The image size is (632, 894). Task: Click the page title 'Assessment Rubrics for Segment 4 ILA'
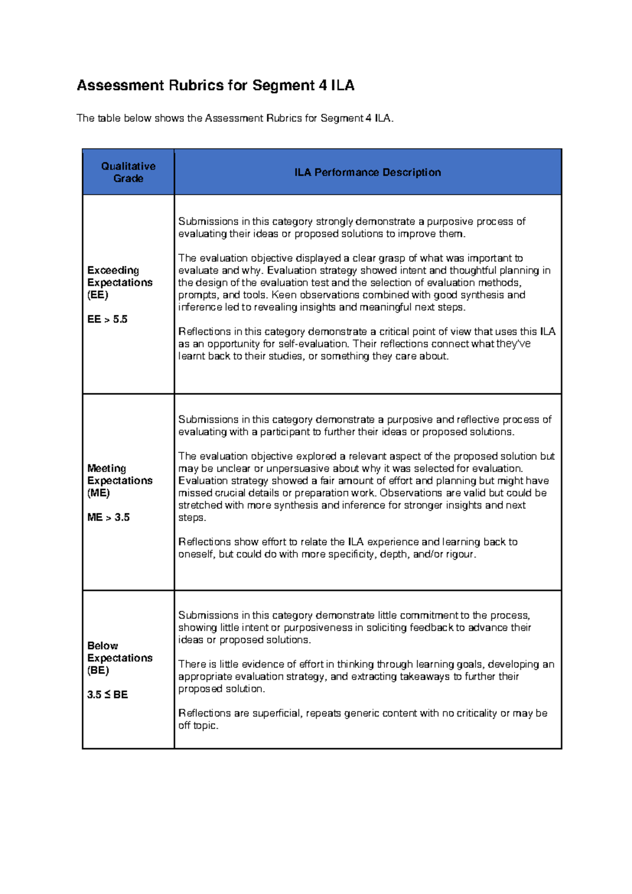(x=215, y=85)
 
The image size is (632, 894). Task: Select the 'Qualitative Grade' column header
(x=128, y=172)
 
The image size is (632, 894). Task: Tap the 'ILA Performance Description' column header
(x=367, y=172)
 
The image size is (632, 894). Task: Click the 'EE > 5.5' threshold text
(x=107, y=319)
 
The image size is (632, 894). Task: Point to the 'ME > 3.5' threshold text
(x=108, y=517)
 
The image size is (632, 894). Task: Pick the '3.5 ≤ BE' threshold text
(x=107, y=694)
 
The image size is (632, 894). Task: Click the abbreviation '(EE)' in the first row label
(x=97, y=294)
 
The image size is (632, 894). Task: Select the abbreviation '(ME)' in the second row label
(x=98, y=493)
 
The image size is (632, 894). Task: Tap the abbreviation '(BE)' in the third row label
(x=98, y=670)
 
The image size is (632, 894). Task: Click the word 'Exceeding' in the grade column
(x=113, y=270)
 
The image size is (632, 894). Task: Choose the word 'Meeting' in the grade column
(x=106, y=468)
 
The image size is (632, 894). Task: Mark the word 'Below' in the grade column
(x=102, y=645)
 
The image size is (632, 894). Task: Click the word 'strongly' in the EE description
(x=334, y=221)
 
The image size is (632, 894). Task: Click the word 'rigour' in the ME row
(x=460, y=554)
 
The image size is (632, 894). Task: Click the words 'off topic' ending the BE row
(x=197, y=725)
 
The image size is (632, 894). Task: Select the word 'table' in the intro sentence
(x=109, y=118)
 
